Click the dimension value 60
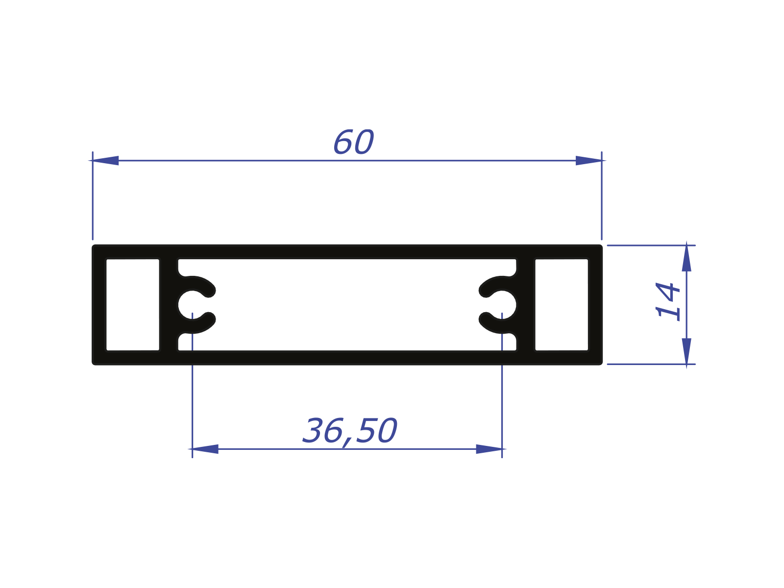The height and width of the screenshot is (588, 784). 353,143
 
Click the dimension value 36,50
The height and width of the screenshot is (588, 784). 349,431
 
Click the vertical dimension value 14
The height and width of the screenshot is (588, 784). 668,301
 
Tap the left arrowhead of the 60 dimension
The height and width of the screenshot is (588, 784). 105,160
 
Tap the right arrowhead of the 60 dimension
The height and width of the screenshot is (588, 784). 588,160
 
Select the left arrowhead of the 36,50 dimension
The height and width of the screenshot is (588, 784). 205,449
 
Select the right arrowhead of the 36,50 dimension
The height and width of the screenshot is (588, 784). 489,449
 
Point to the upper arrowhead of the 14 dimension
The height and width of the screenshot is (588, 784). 686,258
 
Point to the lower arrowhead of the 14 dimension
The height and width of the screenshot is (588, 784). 686,351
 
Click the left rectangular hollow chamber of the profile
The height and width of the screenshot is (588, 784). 133,305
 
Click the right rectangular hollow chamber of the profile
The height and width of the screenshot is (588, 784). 562,305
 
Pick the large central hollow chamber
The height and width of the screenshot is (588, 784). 347,305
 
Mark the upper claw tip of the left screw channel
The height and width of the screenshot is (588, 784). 209,292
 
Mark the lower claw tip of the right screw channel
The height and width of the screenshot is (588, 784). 485,319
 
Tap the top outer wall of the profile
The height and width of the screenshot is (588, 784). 347,251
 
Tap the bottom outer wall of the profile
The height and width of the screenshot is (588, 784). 347,358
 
